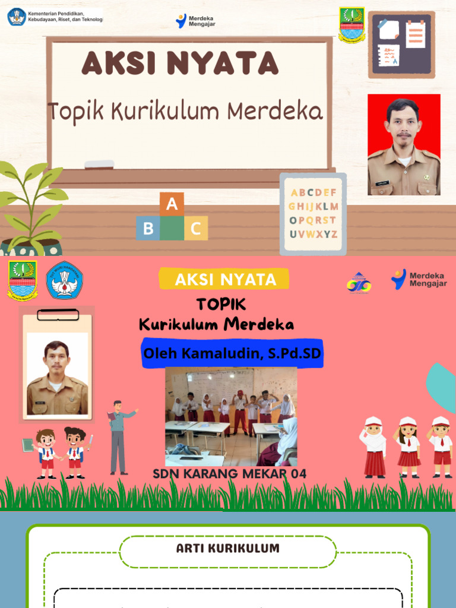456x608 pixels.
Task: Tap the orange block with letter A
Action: click(x=172, y=205)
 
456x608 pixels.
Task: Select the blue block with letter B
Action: click(x=148, y=228)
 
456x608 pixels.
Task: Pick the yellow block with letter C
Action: click(x=196, y=228)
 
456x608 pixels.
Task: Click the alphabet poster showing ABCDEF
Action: click(x=313, y=213)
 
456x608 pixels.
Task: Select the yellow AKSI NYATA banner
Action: click(x=224, y=279)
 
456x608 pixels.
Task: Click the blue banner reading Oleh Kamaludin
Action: click(x=232, y=354)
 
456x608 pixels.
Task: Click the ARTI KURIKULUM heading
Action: click(x=228, y=548)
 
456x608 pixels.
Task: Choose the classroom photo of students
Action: click(x=231, y=416)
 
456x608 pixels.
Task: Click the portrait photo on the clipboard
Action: click(x=57, y=374)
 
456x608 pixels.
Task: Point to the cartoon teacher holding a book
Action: click(x=119, y=436)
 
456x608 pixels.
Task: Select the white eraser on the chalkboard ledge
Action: click(x=99, y=164)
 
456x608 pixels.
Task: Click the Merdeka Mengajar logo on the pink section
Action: click(x=419, y=279)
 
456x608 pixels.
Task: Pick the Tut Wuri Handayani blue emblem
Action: click(x=64, y=280)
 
